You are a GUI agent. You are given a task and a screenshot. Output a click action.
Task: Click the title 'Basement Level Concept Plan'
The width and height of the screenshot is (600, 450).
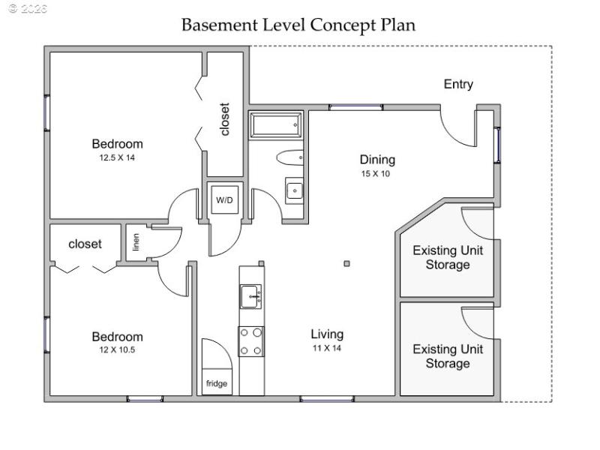[x=298, y=24]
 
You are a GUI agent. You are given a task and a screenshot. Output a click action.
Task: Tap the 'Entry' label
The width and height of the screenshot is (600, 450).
[x=458, y=84]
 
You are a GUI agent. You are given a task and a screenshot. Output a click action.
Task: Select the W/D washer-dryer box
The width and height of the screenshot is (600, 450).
[x=224, y=200]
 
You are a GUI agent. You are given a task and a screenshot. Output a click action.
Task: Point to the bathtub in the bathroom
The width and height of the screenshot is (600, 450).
[x=275, y=125]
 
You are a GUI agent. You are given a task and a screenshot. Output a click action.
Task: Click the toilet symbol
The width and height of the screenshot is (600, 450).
[x=289, y=157]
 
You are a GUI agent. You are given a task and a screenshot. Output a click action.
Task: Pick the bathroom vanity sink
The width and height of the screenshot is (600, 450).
[x=293, y=190]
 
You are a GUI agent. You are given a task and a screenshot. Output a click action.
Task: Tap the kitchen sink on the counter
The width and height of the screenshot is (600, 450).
[x=250, y=297]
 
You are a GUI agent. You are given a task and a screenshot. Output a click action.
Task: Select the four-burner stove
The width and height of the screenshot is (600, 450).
[x=251, y=341]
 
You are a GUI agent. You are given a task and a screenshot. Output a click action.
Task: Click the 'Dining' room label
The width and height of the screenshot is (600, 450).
[x=376, y=160]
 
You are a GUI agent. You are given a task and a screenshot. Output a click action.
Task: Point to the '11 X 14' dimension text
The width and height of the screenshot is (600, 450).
[x=328, y=348]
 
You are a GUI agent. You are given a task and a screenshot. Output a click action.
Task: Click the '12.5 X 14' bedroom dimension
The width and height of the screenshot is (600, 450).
[x=117, y=157]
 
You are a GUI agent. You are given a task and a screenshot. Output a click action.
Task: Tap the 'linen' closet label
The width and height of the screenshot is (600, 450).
[x=136, y=242]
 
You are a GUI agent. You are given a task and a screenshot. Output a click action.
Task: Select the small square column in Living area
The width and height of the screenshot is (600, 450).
[x=346, y=263]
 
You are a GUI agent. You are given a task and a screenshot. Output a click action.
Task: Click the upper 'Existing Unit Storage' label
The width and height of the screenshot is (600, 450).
[x=448, y=257]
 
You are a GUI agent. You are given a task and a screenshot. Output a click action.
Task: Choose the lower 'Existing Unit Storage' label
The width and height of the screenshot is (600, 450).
[x=448, y=356]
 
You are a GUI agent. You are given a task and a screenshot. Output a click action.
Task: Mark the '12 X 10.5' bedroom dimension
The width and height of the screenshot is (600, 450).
[x=117, y=350]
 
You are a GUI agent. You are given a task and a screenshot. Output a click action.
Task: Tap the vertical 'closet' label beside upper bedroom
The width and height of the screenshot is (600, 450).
[x=225, y=119]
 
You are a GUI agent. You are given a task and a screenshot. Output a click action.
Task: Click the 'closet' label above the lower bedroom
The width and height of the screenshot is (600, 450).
[x=85, y=244]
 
